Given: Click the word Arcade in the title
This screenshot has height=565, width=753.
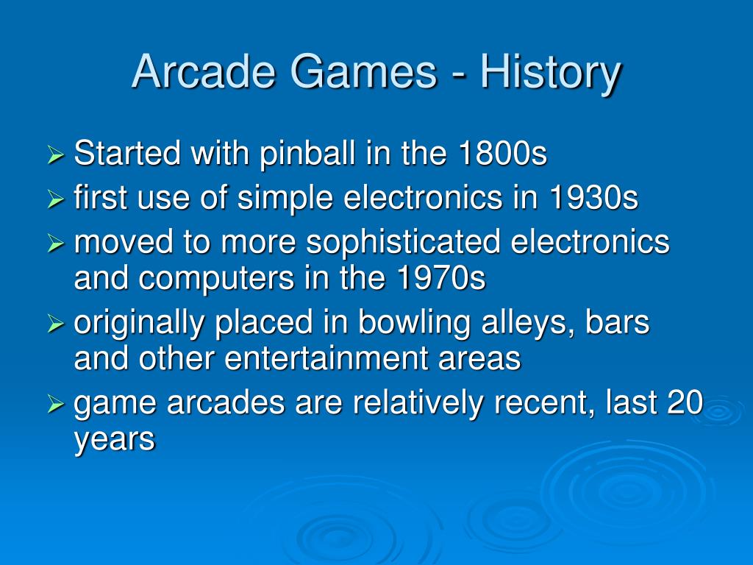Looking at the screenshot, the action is pyautogui.click(x=204, y=71).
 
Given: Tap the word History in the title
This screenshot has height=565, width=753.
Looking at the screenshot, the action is pyautogui.click(x=550, y=74).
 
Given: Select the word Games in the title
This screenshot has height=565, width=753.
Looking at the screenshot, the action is pyautogui.click(x=363, y=71).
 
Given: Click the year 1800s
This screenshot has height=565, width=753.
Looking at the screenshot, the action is pyautogui.click(x=502, y=154).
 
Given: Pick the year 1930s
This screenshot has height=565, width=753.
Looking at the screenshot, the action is pyautogui.click(x=593, y=198).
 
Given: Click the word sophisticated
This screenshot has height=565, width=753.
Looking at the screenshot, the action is pyautogui.click(x=404, y=242).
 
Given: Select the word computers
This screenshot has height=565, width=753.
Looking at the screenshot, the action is pyautogui.click(x=217, y=280).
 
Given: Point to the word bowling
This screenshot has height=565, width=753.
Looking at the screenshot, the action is pyautogui.click(x=414, y=323).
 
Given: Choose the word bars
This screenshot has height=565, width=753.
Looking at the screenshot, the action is pyautogui.click(x=617, y=322).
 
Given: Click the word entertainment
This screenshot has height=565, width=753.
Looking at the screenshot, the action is pyautogui.click(x=325, y=359).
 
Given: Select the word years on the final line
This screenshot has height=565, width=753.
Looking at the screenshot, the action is pyautogui.click(x=115, y=441).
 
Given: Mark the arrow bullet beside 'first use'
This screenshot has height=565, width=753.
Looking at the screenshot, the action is pyautogui.click(x=56, y=199).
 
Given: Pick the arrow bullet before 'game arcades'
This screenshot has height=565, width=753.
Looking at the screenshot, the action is pyautogui.click(x=56, y=404).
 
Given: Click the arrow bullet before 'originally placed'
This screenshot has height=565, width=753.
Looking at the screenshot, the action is pyautogui.click(x=56, y=324).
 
